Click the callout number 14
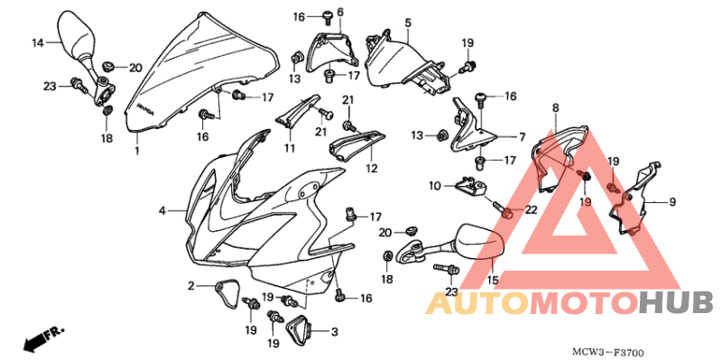pyautogui.click(x=38, y=42)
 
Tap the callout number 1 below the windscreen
pyautogui.click(x=136, y=152)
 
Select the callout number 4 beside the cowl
pyautogui.click(x=163, y=210)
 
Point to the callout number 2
pyautogui.click(x=191, y=286)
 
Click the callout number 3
pyautogui.click(x=334, y=332)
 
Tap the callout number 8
pyautogui.click(x=555, y=108)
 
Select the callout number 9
pyautogui.click(x=671, y=201)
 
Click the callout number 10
pyautogui.click(x=434, y=186)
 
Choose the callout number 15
pyautogui.click(x=493, y=280)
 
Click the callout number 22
pyautogui.click(x=531, y=209)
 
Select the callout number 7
pyautogui.click(x=522, y=137)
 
